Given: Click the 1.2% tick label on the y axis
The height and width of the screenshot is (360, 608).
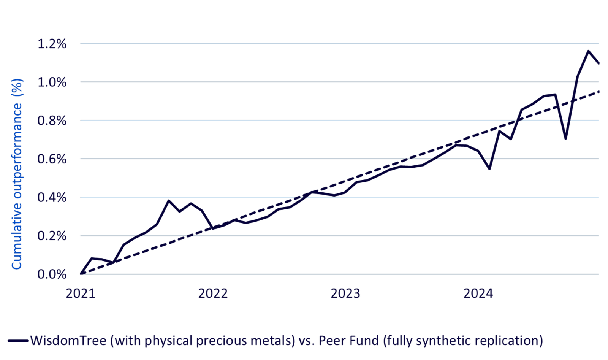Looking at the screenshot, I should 52,44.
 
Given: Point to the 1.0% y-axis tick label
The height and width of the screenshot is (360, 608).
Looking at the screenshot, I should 52,82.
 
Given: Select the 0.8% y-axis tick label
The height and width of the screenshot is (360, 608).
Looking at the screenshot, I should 52,121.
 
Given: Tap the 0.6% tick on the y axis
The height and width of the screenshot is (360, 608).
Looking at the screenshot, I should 52,159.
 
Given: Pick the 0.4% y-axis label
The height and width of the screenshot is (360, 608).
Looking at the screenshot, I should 52,198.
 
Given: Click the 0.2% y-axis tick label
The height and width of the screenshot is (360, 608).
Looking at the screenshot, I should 52,236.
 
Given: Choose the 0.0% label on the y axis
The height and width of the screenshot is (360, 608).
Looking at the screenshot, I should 52,274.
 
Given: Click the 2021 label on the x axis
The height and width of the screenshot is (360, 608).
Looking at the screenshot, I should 81,294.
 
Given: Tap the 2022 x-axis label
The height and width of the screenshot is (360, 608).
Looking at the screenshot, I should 213,294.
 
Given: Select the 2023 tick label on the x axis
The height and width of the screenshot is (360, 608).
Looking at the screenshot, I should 345,294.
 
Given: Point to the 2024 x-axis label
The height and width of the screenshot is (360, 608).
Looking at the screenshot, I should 478,294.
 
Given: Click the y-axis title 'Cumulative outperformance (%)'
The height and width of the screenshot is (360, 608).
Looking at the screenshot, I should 17,174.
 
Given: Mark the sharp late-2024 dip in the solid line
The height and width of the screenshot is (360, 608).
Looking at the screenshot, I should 566,139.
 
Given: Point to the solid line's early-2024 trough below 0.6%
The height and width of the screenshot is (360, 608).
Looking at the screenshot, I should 490,169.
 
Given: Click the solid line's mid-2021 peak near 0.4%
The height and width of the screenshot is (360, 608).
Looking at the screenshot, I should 169,201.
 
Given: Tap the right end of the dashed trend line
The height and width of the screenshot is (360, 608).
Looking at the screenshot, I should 599,92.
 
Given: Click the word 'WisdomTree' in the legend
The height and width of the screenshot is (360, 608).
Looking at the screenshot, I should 68,341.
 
